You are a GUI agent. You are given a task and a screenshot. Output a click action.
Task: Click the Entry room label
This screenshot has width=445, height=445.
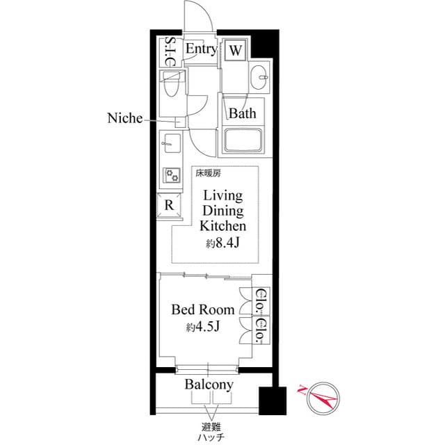tap(202, 49)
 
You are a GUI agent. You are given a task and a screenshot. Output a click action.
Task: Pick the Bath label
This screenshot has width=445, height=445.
tap(243, 113)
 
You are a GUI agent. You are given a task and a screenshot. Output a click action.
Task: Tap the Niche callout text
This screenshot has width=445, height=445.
tap(124, 119)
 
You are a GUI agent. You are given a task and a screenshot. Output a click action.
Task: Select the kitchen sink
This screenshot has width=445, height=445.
tap(170, 145)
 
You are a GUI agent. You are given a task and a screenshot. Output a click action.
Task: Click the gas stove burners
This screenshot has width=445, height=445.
tap(170, 175)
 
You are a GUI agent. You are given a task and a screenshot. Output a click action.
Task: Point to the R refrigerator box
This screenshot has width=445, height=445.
tap(169, 205)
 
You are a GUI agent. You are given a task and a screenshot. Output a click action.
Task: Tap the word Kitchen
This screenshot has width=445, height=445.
tap(222, 227)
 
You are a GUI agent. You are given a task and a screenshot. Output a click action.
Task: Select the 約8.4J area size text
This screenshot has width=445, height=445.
tap(222, 244)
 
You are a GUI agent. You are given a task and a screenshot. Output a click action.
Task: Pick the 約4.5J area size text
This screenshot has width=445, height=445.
tap(203, 327)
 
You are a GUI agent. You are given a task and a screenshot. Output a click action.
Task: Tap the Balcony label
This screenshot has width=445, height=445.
tap(209, 385)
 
